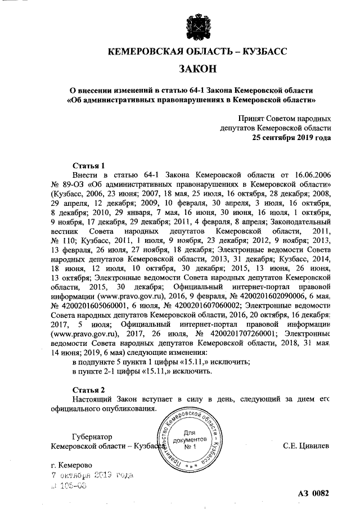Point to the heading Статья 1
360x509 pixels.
tap(89, 166)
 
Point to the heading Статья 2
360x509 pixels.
tap(89, 390)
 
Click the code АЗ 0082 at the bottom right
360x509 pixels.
tap(313, 494)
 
